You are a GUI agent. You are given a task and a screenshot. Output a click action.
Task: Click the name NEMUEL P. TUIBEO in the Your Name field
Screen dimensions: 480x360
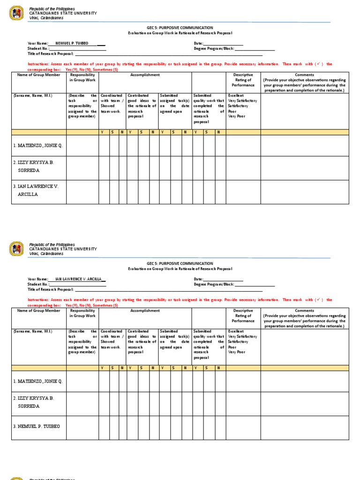[x=72, y=43]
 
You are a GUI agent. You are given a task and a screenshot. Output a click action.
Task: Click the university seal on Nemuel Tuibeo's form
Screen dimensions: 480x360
[x=16, y=13]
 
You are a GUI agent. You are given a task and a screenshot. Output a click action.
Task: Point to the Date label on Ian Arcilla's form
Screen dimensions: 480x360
[x=198, y=279]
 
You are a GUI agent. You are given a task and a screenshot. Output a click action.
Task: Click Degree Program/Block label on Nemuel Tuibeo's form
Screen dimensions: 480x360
[x=214, y=48]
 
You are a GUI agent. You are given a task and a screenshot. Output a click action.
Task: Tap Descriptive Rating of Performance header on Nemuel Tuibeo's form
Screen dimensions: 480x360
[x=243, y=80]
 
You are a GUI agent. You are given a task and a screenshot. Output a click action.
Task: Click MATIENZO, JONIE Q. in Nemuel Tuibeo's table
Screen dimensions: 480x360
[x=38, y=145]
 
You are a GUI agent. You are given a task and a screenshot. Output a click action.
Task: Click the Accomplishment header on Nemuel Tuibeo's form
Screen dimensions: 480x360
[x=145, y=75]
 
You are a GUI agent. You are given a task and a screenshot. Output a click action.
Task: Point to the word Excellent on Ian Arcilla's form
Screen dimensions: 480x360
[x=236, y=331]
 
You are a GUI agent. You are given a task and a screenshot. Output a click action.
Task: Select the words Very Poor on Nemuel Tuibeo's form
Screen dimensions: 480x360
[x=237, y=116]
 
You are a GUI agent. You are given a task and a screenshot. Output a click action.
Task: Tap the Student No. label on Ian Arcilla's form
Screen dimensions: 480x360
[x=38, y=284]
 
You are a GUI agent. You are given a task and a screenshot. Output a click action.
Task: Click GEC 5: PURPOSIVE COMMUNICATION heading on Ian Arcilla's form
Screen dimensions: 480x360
[x=180, y=263]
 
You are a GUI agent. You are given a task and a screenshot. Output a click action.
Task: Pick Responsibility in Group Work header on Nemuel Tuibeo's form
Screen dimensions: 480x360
[x=82, y=77]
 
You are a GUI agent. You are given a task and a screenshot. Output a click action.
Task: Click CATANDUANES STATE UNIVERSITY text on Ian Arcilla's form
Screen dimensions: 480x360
[x=63, y=249]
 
